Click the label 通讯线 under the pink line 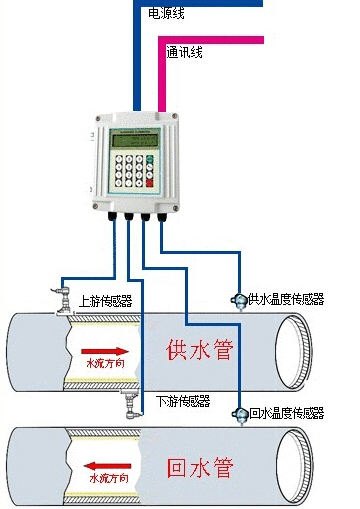tap(185, 51)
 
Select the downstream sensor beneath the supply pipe tap(129, 405)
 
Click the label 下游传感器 tap(184, 401)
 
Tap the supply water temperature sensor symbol tap(238, 299)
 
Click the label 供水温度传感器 tap(285, 299)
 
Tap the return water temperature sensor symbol tap(238, 413)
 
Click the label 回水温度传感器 tap(285, 413)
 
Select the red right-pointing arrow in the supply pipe tap(104, 351)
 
